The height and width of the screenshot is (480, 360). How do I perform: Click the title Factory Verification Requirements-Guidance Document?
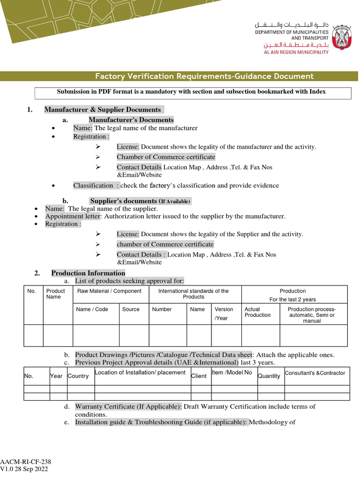tap(204, 76)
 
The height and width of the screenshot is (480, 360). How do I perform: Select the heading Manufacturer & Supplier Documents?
tap(103, 110)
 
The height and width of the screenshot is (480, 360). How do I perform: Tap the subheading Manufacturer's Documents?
tap(131, 120)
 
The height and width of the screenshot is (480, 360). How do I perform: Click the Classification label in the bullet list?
tap(93, 186)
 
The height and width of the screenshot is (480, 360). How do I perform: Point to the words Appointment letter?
tap(73, 217)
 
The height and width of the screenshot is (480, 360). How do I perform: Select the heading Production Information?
tap(88, 273)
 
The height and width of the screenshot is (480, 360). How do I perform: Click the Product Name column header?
tap(56, 294)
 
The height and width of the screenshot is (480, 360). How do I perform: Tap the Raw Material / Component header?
tap(109, 291)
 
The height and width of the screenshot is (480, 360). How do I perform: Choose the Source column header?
tap(131, 309)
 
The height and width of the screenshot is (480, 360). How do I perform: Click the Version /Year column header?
tap(224, 314)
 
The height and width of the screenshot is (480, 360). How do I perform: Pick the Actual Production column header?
tap(257, 312)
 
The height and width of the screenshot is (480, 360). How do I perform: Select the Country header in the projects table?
tap(78, 376)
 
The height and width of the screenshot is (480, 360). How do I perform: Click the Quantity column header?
tap(269, 376)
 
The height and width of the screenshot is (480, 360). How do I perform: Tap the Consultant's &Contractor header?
tap(315, 373)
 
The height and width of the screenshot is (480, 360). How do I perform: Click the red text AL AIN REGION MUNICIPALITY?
tap(296, 52)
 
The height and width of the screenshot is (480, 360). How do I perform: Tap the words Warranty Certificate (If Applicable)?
tap(128, 406)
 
